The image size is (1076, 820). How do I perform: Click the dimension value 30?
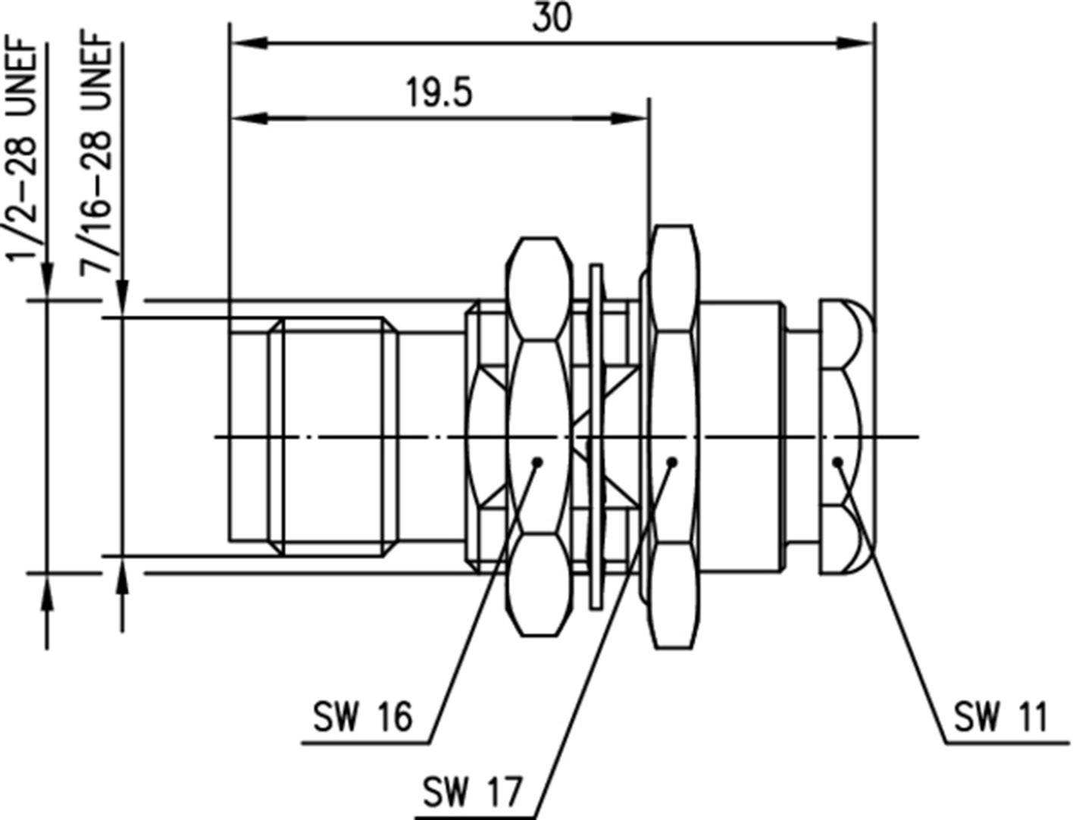tap(552, 18)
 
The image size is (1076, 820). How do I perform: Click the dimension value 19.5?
tap(439, 92)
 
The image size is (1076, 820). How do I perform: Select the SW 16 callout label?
tap(363, 717)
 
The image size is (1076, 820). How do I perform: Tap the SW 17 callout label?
tap(472, 793)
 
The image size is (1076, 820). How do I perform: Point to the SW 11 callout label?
tap(999, 717)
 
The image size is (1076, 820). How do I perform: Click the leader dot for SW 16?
tap(537, 461)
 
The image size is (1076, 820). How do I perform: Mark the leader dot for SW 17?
tap(671, 461)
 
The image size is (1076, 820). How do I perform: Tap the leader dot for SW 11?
tap(837, 461)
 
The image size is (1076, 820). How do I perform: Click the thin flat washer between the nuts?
tap(597, 437)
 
